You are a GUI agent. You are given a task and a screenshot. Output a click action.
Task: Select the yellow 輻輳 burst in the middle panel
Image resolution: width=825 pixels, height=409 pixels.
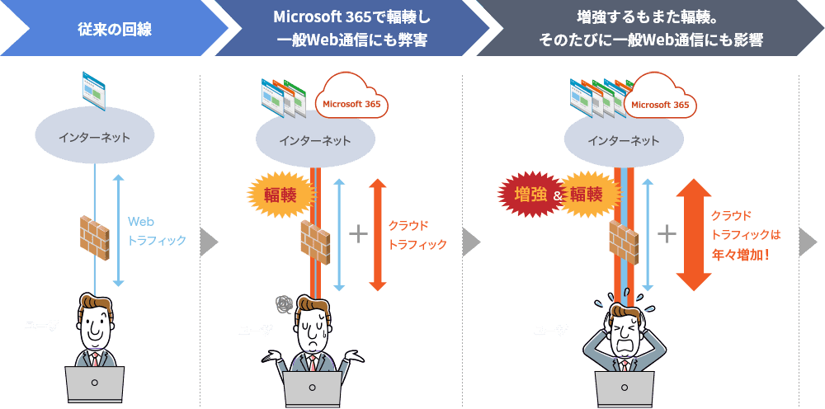tap(281, 195)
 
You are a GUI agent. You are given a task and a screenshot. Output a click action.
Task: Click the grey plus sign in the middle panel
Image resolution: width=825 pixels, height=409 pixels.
tap(358, 234)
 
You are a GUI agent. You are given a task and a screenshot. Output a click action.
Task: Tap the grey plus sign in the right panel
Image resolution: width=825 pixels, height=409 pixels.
tap(667, 234)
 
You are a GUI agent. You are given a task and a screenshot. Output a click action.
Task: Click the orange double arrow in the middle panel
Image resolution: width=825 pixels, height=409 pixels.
tap(377, 234)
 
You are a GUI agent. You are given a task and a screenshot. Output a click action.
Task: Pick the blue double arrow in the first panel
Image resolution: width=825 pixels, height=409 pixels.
tap(118, 231)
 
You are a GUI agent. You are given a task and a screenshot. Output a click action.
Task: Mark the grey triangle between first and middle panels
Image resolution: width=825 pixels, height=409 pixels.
tap(210, 242)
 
